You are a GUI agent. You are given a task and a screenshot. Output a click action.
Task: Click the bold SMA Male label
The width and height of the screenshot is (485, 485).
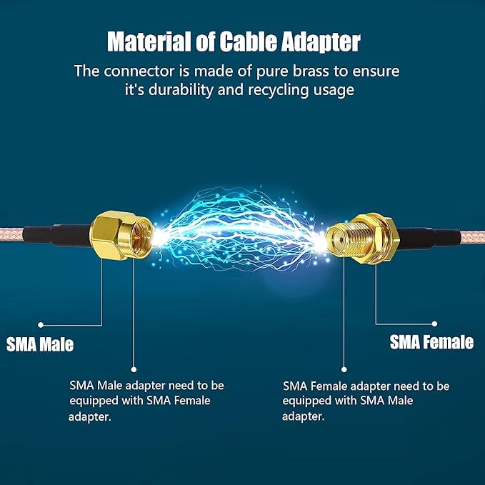click(x=40, y=344)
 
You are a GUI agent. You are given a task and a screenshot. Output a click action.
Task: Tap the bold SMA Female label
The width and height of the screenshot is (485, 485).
click(x=431, y=342)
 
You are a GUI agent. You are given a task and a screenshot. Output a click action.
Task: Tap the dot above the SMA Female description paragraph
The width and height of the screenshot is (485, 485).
click(x=344, y=370)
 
